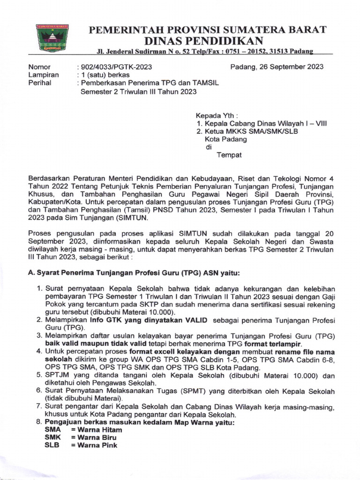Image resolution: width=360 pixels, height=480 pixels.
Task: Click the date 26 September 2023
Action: (277, 67)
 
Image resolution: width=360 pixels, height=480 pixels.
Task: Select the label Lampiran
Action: (44, 75)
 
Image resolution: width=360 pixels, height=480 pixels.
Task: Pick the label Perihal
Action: (40, 83)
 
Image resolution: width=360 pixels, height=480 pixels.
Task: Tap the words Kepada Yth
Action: (217, 115)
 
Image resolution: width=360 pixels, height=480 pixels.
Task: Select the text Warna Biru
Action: (94, 437)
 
